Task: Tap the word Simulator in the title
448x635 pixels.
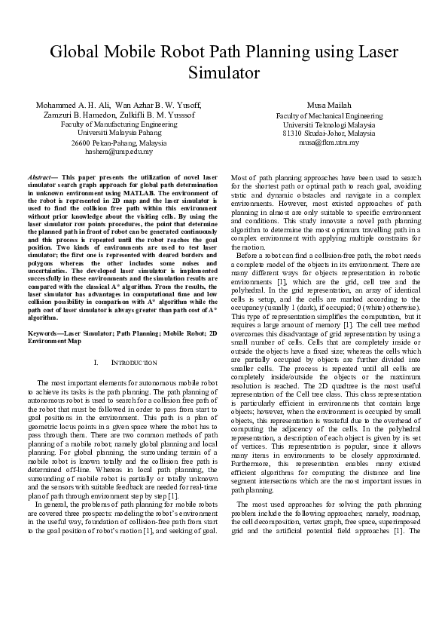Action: pyautogui.click(x=224, y=73)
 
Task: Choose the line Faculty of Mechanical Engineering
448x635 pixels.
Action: pyautogui.click(x=329, y=116)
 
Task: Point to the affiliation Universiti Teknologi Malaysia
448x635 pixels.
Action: pyautogui.click(x=329, y=124)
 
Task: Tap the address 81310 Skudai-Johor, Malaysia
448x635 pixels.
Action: pyautogui.click(x=329, y=133)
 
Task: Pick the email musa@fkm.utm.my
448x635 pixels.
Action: pyautogui.click(x=329, y=142)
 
